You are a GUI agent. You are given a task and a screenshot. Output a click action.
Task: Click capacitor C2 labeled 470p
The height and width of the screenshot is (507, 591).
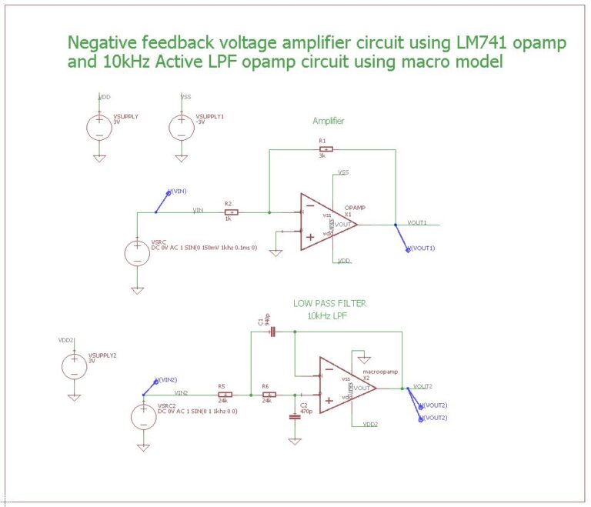point(294,416)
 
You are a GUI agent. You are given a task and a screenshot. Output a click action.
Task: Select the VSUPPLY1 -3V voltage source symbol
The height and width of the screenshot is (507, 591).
point(181,126)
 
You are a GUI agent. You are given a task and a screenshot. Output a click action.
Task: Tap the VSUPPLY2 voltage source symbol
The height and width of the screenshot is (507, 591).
point(74,364)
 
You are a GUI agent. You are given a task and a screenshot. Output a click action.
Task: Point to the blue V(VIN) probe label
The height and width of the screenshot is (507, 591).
point(176,191)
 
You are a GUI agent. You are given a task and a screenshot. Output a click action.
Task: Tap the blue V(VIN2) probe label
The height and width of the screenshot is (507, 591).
point(166,380)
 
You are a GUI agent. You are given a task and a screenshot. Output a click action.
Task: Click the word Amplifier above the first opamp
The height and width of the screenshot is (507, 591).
point(328,122)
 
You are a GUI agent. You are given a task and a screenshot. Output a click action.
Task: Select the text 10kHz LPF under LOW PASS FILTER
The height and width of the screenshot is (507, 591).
point(329,315)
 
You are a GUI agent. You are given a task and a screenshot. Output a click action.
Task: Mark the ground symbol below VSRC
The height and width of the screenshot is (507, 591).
point(137,290)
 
